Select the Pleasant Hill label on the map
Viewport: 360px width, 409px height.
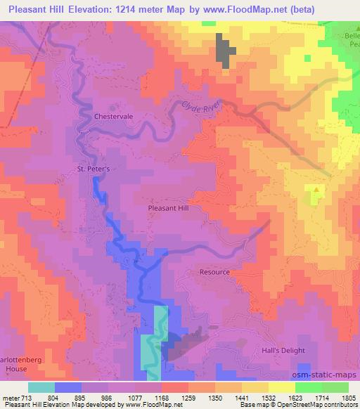(169, 209)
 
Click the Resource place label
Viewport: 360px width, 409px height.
(214, 272)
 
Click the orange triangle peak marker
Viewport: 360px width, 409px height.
(318, 189)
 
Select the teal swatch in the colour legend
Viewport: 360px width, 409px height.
(41, 387)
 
